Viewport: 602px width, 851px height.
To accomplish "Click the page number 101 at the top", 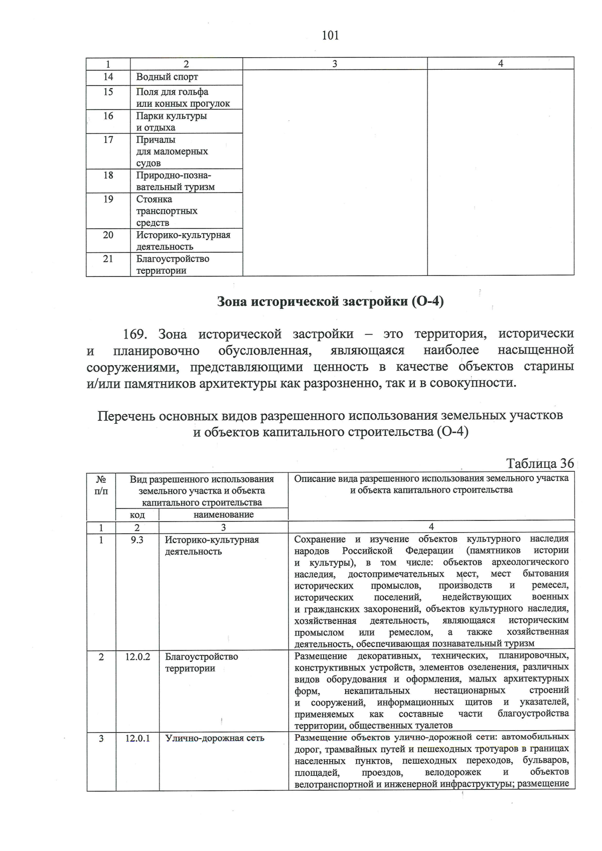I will click(330, 35).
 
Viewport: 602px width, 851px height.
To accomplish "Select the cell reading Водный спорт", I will click(167, 77).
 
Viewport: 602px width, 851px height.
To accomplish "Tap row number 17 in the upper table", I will click(108, 140).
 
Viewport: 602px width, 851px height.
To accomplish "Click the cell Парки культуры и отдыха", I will click(172, 121).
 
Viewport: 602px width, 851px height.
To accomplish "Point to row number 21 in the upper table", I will click(108, 259).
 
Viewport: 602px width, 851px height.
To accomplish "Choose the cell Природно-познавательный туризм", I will click(175, 181).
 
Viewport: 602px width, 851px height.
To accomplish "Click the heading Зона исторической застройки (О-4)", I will click(330, 302).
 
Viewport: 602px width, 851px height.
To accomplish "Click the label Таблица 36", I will click(539, 463).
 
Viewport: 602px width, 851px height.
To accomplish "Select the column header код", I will click(137, 515).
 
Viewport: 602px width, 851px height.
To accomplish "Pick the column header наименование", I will click(223, 515).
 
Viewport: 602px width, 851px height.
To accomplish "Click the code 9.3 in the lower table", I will click(137, 540).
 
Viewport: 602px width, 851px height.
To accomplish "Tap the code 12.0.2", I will click(137, 657).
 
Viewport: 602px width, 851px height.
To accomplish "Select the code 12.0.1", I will click(137, 738).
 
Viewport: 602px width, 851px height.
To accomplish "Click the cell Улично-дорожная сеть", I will click(215, 738).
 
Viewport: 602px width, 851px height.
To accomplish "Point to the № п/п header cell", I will click(101, 485).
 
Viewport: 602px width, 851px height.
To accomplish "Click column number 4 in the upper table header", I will click(500, 63).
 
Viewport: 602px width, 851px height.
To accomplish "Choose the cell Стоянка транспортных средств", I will click(167, 211).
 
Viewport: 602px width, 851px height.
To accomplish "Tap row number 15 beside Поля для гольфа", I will click(108, 92).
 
